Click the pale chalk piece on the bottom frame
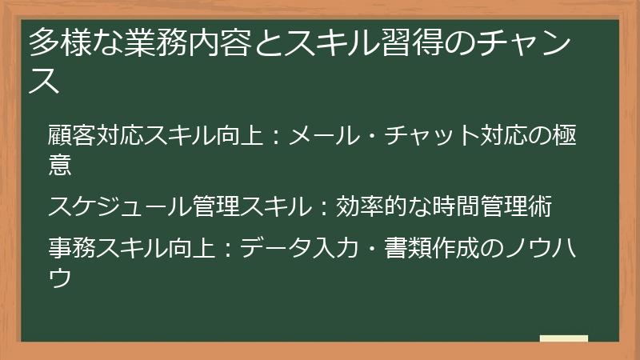(x=563, y=339)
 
